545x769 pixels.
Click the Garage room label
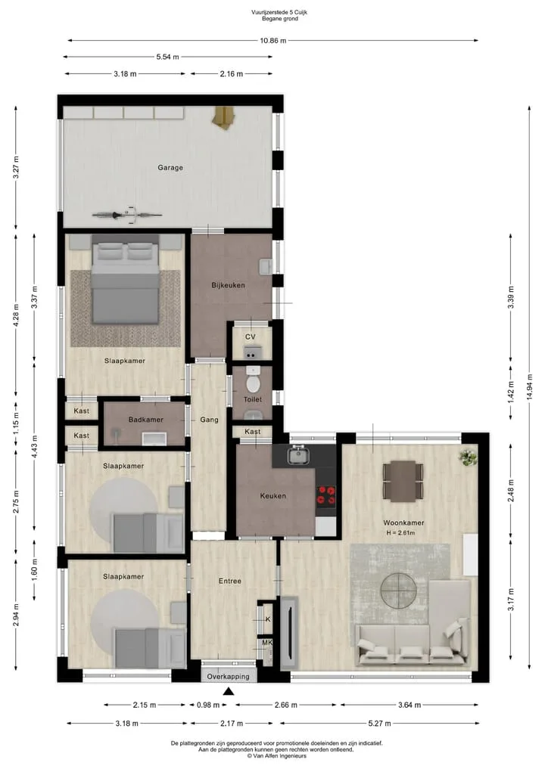[x=170, y=168]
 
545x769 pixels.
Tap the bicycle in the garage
[x=127, y=214]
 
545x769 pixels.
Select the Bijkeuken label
[x=229, y=285]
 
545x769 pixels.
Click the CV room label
[x=251, y=337]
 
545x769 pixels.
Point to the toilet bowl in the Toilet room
[x=253, y=381]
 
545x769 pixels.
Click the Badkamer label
[x=146, y=420]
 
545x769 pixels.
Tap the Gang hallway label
[x=209, y=420]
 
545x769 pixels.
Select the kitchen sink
[x=297, y=456]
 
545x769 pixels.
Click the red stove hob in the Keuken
[x=325, y=495]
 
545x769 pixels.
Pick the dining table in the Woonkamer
[x=403, y=481]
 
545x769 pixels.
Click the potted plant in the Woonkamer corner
[x=468, y=457]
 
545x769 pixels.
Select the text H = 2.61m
[x=400, y=533]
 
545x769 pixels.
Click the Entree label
[x=230, y=581]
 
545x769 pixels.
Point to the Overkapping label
[x=229, y=677]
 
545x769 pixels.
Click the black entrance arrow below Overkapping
[x=229, y=692]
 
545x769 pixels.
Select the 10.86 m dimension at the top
[x=273, y=41]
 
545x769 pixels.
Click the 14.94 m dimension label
[x=529, y=387]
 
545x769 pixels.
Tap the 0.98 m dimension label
[x=208, y=705]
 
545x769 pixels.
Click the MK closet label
[x=267, y=643]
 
